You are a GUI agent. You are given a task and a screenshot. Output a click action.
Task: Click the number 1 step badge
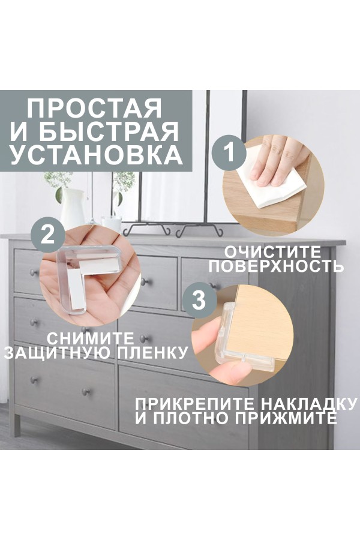(x=229, y=152)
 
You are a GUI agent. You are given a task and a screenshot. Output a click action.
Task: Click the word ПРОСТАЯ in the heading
(x=94, y=108)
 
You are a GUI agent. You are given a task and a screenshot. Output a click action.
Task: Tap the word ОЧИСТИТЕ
(x=272, y=252)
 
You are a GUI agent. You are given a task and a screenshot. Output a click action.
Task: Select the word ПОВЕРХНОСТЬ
(x=276, y=266)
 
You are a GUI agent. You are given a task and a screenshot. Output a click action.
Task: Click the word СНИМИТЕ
(x=90, y=338)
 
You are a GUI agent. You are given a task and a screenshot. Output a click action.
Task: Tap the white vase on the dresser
(x=73, y=206)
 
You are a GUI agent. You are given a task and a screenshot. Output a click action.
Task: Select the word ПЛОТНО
(x=191, y=418)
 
